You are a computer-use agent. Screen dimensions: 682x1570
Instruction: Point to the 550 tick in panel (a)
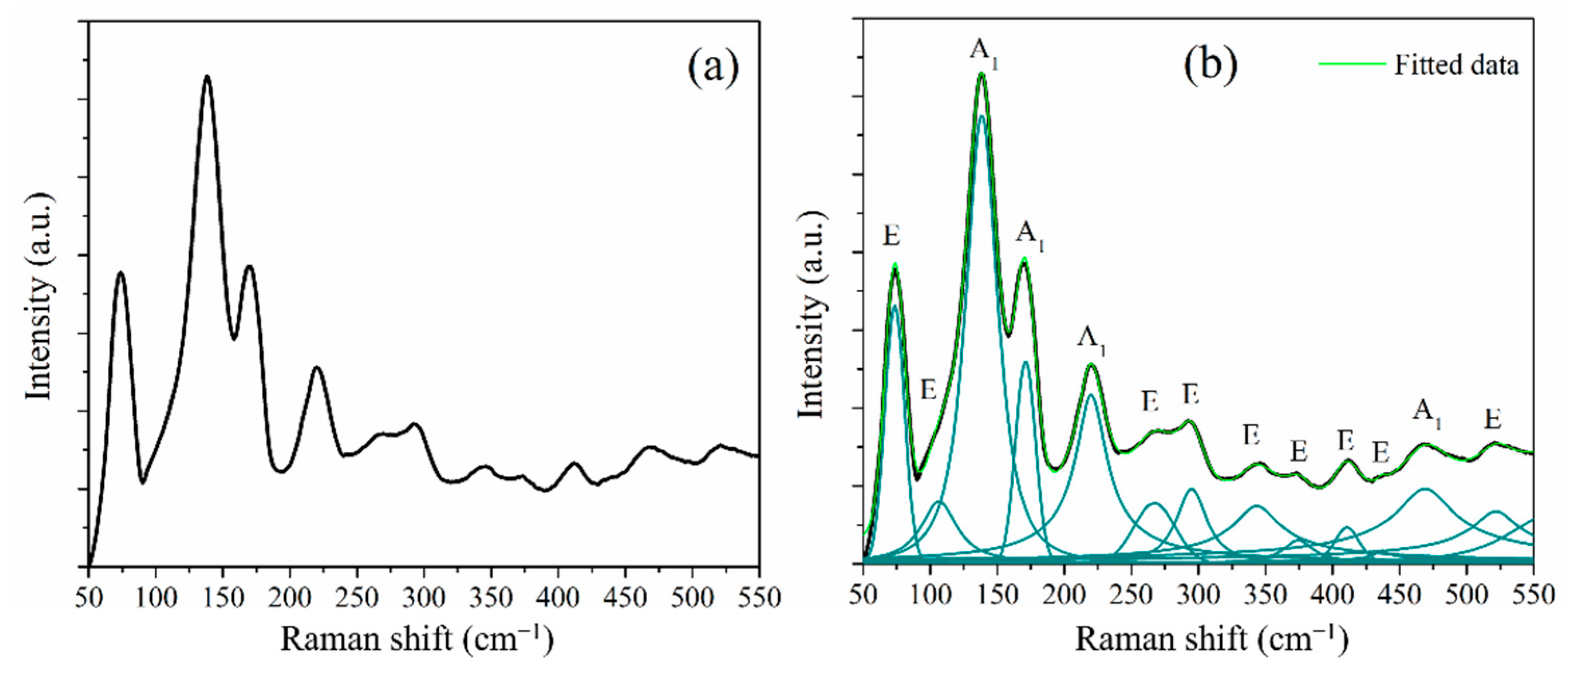pos(758,598)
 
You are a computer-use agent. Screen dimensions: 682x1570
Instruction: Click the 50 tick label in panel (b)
pos(863,594)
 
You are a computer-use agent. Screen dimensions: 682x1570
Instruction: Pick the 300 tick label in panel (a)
pos(423,598)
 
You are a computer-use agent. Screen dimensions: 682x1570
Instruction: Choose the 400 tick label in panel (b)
pos(1332,594)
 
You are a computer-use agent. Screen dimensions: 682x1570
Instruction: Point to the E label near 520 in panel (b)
pos(1493,419)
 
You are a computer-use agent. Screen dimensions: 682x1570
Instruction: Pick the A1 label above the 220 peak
pos(1092,339)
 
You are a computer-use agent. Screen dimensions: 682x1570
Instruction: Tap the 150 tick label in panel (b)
pos(997,594)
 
